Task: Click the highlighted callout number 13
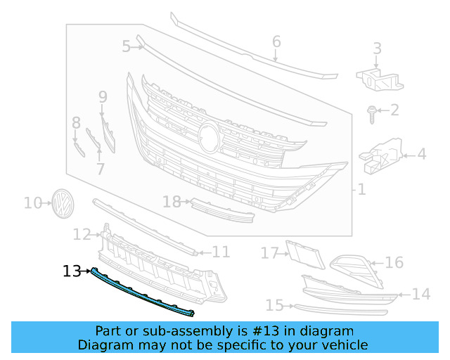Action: (x=72, y=270)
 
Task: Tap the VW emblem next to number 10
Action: (x=63, y=203)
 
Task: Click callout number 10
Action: (x=33, y=203)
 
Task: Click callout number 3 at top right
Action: (x=377, y=48)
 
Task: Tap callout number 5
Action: (x=126, y=47)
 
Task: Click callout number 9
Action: (x=103, y=96)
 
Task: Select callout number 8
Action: (x=76, y=124)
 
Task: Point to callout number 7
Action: (x=100, y=169)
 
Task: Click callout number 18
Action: (x=172, y=202)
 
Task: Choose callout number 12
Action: (x=82, y=233)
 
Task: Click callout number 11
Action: (x=221, y=251)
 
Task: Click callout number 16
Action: (x=394, y=262)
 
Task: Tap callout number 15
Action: (x=275, y=305)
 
